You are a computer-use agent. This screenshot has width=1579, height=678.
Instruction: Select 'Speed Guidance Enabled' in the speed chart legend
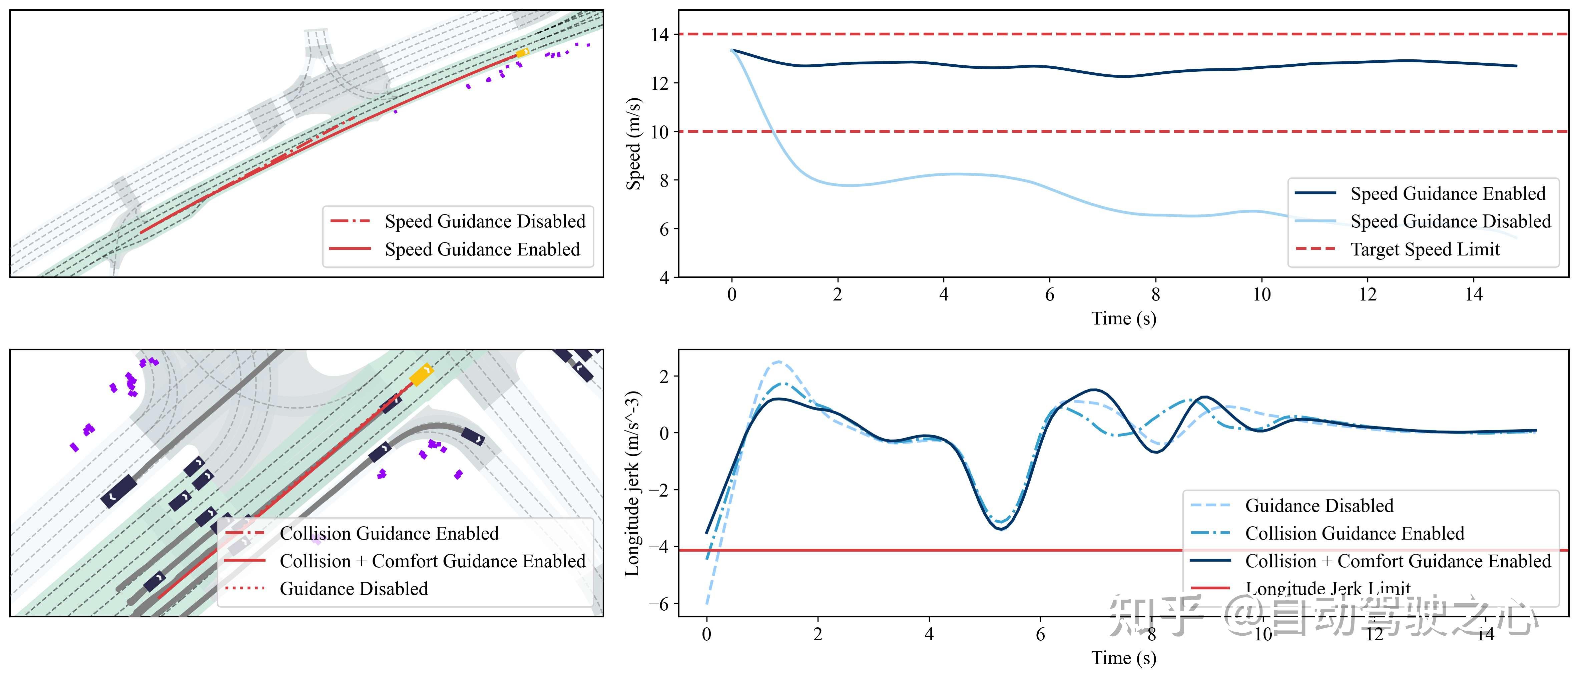[1447, 194]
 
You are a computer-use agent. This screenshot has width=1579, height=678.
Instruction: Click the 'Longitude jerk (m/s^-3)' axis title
[633, 483]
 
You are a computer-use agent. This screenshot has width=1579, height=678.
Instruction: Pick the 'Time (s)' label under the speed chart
[1124, 318]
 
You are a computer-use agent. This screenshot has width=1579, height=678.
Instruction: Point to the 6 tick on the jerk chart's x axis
[1040, 634]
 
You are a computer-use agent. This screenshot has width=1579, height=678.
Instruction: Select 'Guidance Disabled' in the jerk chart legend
[1319, 506]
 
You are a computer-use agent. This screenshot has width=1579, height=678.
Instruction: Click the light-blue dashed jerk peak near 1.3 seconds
[778, 362]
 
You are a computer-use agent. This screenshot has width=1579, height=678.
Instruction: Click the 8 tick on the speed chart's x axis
[1155, 295]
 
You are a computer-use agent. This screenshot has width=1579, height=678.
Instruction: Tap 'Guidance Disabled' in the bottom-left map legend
[354, 589]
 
